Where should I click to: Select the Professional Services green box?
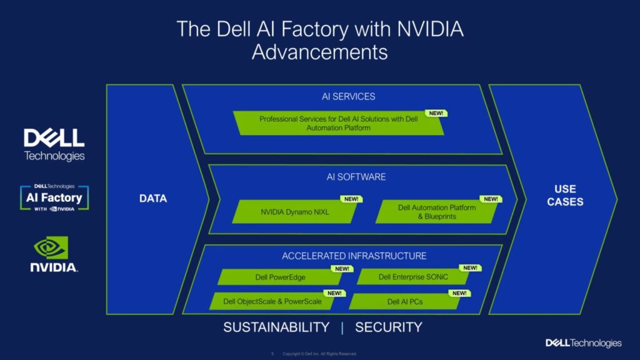pyautogui.click(x=338, y=123)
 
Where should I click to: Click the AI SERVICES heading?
pyautogui.click(x=348, y=96)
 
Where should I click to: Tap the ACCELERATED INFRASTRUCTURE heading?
pyautogui.click(x=354, y=256)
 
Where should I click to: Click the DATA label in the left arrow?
pyautogui.click(x=153, y=199)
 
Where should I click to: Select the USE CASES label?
pyautogui.click(x=564, y=195)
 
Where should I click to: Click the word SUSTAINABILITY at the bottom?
pyautogui.click(x=276, y=327)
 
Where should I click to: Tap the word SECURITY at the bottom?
pyautogui.click(x=389, y=327)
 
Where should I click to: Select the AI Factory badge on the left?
pyautogui.click(x=54, y=197)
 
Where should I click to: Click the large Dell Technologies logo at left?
pyautogui.click(x=54, y=144)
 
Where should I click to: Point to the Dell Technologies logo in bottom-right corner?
pyautogui.click(x=583, y=343)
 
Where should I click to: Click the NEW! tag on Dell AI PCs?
pyautogui.click(x=459, y=293)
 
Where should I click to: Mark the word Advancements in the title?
pyautogui.click(x=319, y=52)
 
